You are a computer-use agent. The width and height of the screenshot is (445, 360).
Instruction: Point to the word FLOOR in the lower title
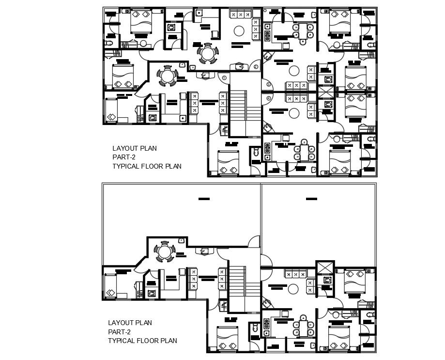[x=149, y=341]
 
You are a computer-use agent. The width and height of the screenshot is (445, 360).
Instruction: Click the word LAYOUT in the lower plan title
[x=119, y=323]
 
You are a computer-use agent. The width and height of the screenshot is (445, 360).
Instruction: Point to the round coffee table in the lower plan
[x=293, y=289]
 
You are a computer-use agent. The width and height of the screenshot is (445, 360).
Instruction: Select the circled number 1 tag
[x=224, y=77]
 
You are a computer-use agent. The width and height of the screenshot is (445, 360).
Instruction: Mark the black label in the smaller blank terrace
[x=311, y=198]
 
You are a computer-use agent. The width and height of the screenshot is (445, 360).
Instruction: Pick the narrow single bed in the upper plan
[x=112, y=110]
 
